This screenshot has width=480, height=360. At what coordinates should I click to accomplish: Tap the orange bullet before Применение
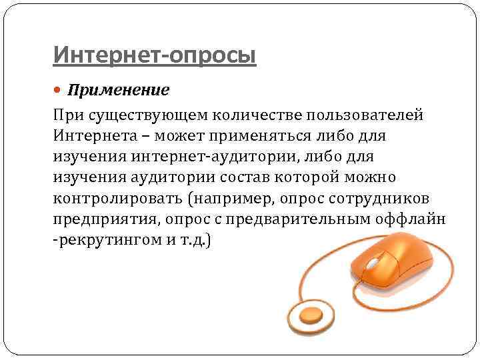click(x=58, y=89)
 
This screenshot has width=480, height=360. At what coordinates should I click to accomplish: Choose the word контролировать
click(x=117, y=199)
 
